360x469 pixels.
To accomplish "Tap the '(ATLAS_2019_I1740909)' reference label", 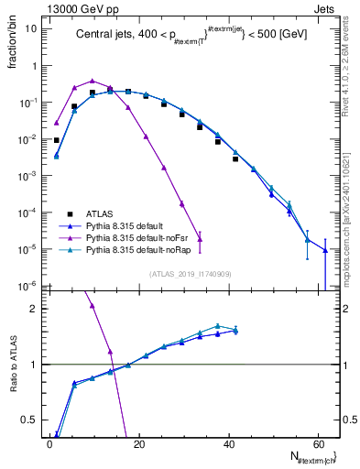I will [190, 274].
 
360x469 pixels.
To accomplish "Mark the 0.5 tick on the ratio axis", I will [35, 420].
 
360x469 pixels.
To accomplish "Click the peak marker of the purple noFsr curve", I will [93, 81].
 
